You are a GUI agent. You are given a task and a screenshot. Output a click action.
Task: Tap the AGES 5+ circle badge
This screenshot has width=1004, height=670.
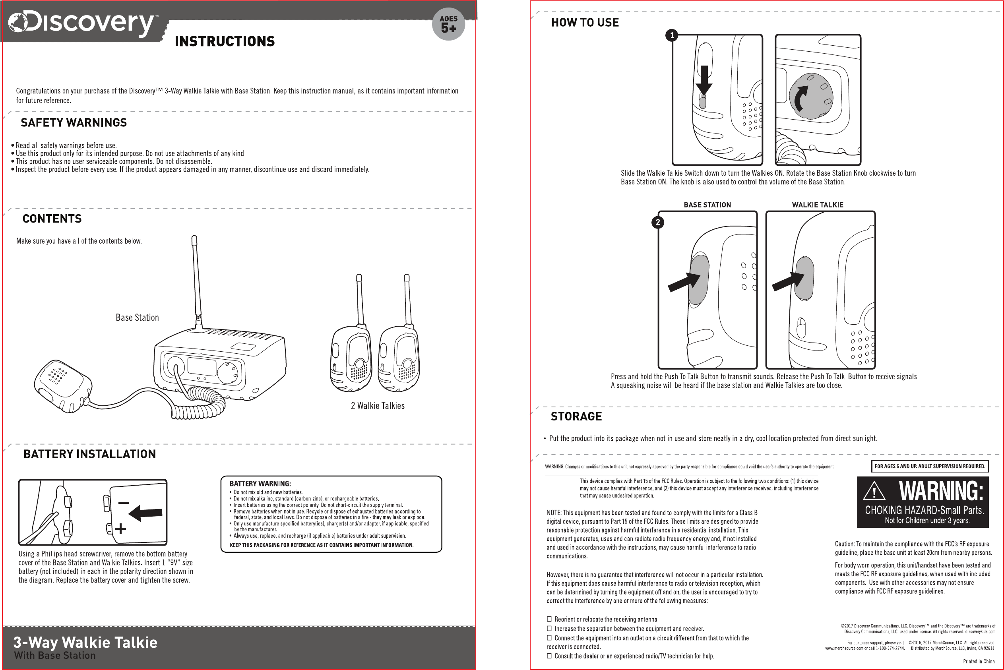[x=448, y=24]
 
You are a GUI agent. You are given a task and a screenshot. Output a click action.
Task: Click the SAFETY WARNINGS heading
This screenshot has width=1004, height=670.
[x=74, y=123]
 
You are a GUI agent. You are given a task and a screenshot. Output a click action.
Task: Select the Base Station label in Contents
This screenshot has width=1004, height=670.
[x=137, y=318]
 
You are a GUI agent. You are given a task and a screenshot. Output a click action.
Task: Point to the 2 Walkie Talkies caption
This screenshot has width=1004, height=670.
[x=378, y=405]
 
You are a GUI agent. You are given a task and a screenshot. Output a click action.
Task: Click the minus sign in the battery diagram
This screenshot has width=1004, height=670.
[x=124, y=502]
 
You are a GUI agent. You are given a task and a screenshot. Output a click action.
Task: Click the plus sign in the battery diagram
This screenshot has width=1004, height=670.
[x=120, y=529]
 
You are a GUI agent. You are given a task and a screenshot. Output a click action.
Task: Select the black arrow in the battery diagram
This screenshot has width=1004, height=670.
[x=146, y=512]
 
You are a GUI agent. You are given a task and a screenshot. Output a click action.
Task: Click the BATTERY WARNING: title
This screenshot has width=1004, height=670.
[x=260, y=484]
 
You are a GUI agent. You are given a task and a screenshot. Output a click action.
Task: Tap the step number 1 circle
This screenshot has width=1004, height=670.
[x=672, y=35]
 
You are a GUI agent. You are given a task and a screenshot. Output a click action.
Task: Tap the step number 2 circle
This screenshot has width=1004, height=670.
[x=658, y=222]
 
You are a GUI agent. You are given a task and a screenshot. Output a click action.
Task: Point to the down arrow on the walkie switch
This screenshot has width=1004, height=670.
[x=704, y=80]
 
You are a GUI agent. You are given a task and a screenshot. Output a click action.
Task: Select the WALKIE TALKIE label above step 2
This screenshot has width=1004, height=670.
[x=817, y=205]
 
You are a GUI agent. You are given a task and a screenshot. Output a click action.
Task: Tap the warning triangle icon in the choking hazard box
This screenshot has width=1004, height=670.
[x=874, y=492]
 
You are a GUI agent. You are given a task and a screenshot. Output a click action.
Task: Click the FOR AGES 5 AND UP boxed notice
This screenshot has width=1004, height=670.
[x=930, y=466]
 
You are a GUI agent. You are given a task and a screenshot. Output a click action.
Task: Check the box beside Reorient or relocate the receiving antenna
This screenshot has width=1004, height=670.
[x=549, y=619]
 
